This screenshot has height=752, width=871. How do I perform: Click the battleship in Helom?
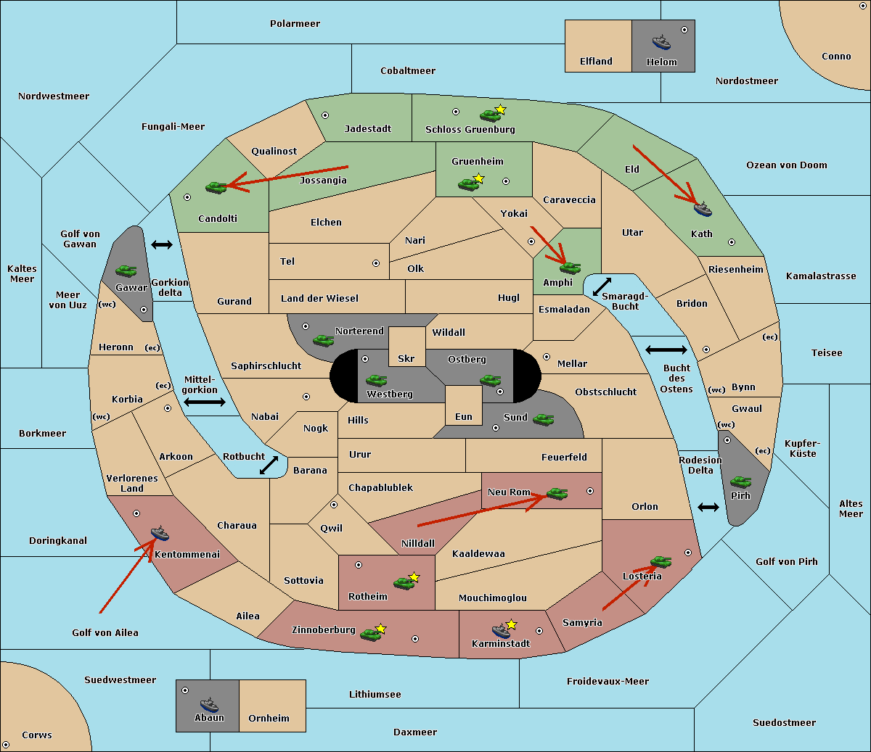click(x=661, y=42)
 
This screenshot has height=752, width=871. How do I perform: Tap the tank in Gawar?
click(x=126, y=270)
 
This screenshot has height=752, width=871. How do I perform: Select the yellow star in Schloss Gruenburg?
click(x=500, y=110)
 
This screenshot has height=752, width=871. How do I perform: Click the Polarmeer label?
click(x=295, y=24)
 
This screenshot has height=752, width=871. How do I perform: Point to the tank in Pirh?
click(x=740, y=482)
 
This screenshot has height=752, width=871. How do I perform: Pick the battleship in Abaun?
click(x=210, y=704)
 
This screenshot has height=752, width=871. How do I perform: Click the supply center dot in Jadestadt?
click(x=325, y=115)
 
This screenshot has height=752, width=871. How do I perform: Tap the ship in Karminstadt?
click(x=501, y=630)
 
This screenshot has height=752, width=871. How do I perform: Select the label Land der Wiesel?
click(x=319, y=299)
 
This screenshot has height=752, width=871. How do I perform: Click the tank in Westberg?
click(x=376, y=380)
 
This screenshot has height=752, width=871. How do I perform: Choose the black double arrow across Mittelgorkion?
click(x=205, y=402)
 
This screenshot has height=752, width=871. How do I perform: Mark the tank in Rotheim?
click(x=404, y=583)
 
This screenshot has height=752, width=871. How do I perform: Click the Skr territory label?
click(x=406, y=358)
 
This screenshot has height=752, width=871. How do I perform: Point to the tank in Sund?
click(x=543, y=419)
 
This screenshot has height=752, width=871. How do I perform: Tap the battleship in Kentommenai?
click(x=160, y=533)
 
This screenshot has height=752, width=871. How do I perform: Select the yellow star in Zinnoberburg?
click(x=380, y=629)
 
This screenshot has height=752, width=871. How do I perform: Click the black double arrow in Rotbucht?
click(x=269, y=466)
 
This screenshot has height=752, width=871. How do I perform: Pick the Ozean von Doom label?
click(x=787, y=165)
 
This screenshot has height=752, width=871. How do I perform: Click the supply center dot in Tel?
click(x=376, y=263)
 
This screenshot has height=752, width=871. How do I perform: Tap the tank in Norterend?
click(x=323, y=340)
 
